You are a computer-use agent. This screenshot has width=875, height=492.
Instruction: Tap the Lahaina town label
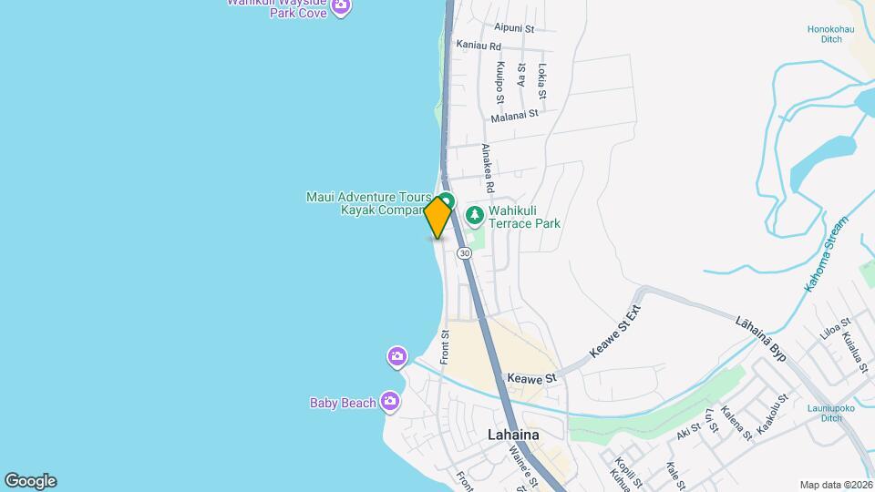coord(512,435)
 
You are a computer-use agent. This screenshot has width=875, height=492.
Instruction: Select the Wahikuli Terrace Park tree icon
coord(474,215)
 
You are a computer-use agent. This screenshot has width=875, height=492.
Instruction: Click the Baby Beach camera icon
coord(390,401)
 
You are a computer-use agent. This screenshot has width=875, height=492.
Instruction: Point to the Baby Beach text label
coord(343,403)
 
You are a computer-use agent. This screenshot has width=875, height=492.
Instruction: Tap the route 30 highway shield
coord(465,252)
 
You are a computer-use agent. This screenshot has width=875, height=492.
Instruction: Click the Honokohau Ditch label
coord(830,35)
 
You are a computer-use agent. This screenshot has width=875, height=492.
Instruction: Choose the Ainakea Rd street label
coord(488,168)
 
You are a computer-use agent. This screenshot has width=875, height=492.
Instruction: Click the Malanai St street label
coord(515,116)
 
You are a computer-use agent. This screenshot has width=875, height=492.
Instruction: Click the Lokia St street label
coord(541,82)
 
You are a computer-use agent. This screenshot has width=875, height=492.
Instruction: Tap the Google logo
coord(30,481)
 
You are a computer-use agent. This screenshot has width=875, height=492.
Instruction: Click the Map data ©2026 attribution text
coord(835,485)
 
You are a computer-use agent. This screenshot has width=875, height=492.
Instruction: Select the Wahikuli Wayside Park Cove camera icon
coord(341,7)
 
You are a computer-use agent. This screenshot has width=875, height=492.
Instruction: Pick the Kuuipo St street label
coord(500,81)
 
